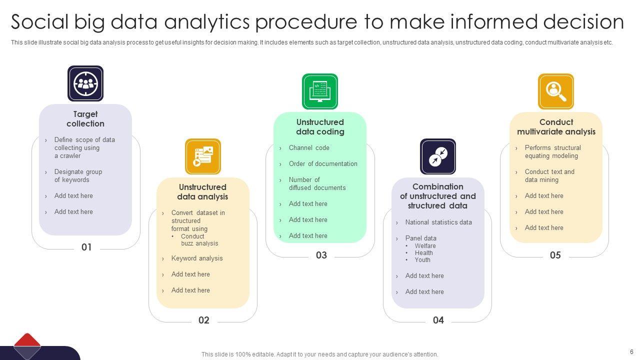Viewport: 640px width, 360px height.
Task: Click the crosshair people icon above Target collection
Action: point(85,83)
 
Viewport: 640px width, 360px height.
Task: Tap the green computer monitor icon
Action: point(320,91)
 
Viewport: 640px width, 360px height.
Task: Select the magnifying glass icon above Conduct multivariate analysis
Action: point(555,91)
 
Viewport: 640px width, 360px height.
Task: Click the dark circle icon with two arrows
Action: point(438,156)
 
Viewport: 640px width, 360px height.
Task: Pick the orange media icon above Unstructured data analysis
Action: point(203,156)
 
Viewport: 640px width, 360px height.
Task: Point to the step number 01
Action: point(86,247)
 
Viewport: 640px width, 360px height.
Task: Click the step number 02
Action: point(203,320)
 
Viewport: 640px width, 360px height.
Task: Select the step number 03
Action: point(321,255)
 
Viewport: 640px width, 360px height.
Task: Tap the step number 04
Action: point(438,320)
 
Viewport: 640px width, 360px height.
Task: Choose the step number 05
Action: point(555,255)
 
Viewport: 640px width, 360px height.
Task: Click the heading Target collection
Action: point(85,119)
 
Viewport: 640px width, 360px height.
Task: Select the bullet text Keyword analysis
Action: point(197,258)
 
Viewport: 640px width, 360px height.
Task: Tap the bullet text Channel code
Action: point(309,147)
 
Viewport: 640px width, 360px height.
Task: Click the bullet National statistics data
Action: point(438,222)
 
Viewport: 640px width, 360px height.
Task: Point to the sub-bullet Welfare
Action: point(425,245)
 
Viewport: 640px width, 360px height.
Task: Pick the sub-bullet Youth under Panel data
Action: point(422,259)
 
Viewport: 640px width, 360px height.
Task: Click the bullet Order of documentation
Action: point(323,163)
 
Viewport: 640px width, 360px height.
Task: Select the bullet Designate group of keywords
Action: point(78,175)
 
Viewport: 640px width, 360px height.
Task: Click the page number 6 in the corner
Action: point(631,351)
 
